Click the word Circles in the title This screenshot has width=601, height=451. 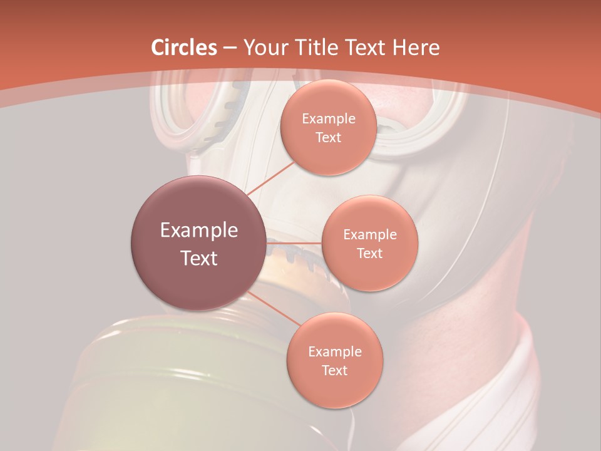click(184, 48)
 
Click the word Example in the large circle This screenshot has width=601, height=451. click(199, 231)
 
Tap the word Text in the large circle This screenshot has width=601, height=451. click(199, 258)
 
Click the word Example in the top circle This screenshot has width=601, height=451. click(329, 119)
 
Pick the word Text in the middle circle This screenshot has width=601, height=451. click(369, 254)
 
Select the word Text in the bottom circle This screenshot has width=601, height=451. click(334, 371)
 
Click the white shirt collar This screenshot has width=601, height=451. click(501, 376)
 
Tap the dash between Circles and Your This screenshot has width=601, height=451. click(229, 48)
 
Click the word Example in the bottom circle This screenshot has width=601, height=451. click(335, 352)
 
